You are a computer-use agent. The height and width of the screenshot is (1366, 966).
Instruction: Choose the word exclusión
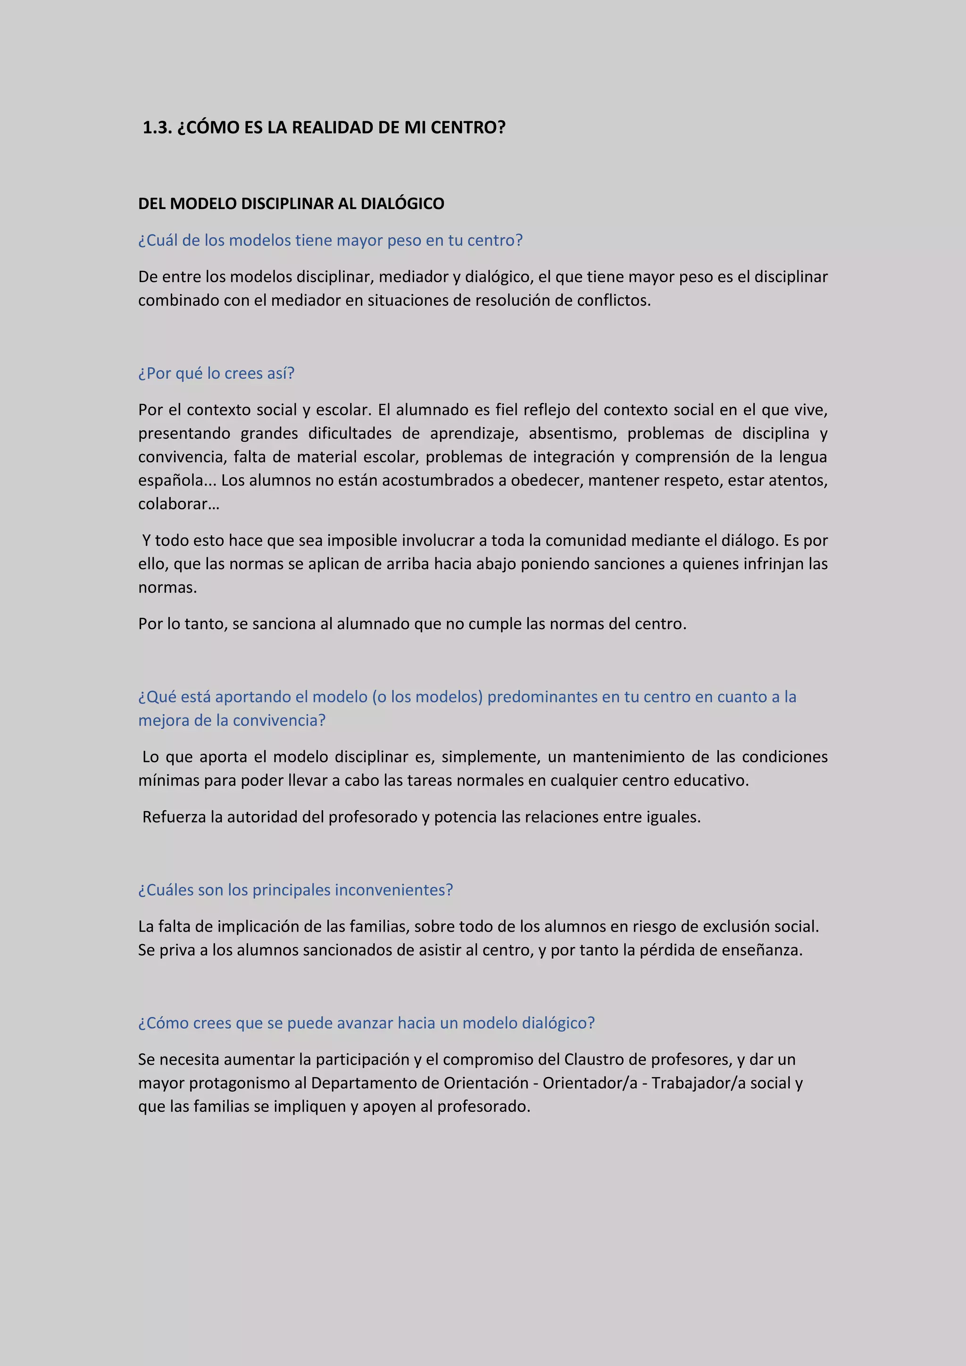coord(740,927)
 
